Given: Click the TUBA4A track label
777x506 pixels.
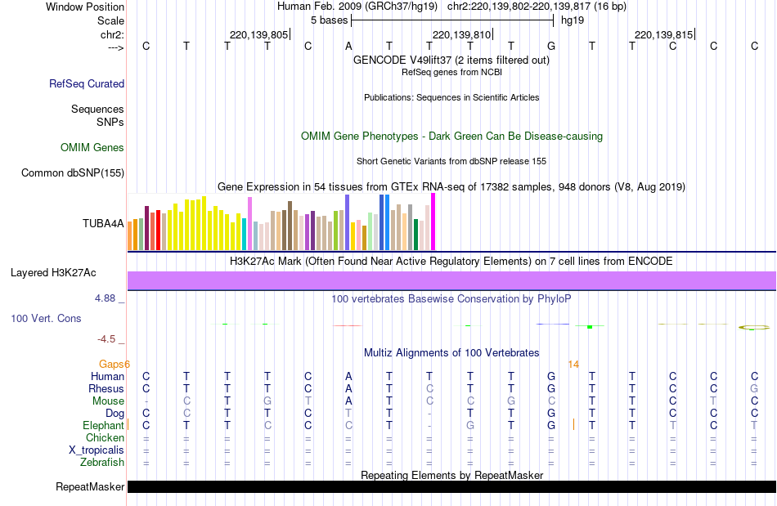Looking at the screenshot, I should pos(103,223).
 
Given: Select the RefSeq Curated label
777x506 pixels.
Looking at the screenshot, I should pos(87,83).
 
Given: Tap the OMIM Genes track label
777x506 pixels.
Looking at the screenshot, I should pos(92,148).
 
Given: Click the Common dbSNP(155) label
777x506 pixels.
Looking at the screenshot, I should pos(73,172).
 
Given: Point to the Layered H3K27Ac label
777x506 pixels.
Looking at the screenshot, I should pos(53,272).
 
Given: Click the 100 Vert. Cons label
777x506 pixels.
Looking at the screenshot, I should pos(46,318).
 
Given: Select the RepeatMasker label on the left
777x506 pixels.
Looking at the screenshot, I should pos(90,487).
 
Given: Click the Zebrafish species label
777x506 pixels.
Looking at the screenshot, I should pos(102,463).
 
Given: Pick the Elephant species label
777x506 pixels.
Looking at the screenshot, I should pos(103,426).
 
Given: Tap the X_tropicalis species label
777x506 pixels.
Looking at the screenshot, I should pos(97,450).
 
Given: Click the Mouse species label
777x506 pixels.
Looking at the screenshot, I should pos(108,401).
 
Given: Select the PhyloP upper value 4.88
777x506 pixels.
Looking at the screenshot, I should pos(106,298).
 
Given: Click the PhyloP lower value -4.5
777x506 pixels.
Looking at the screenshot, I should pos(107,338).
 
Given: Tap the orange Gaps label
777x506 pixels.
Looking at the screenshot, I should pos(115,364).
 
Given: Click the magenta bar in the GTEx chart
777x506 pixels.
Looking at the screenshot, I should pos(433,222).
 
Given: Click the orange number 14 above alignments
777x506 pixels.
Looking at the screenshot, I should pos(573,364).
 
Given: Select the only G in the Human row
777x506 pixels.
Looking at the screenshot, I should pos(551,377).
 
